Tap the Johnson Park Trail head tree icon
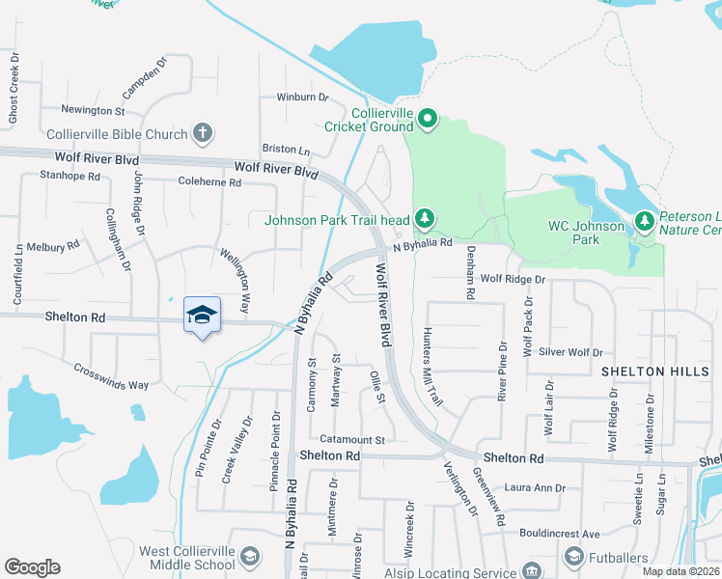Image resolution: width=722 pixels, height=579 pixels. click(x=423, y=219)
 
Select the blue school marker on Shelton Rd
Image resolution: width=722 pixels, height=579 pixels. click(x=202, y=315)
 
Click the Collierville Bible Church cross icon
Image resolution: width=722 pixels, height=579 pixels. click(x=202, y=132)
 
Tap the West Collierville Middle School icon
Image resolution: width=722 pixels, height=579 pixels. click(x=250, y=557)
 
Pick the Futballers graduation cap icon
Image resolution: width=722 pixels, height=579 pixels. click(x=574, y=557)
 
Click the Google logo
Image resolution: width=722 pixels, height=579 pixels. click(x=32, y=567)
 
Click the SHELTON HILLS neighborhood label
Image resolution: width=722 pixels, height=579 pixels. click(x=647, y=372)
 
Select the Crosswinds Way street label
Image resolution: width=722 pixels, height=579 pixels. click(x=111, y=376)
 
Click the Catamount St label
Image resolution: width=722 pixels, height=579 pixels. click(x=352, y=440)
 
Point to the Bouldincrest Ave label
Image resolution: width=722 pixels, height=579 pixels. click(x=558, y=534)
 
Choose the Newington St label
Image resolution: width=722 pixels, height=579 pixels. click(x=93, y=111)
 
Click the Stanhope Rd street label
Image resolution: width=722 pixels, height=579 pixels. click(x=69, y=176)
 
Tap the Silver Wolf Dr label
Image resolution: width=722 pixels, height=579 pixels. click(x=570, y=353)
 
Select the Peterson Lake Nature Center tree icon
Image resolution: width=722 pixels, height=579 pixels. click(x=644, y=223)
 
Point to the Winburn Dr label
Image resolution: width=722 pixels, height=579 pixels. click(x=302, y=97)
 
